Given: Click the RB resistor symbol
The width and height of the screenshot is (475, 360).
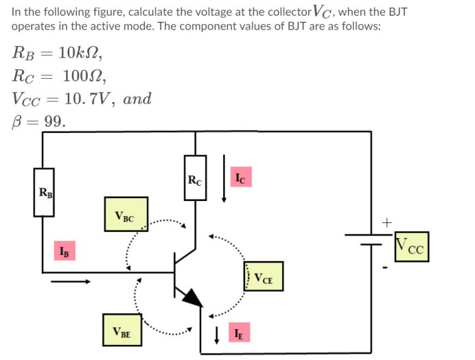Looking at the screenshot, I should pos(45,193).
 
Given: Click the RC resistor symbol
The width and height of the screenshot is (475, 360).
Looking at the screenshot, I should pos(195,177).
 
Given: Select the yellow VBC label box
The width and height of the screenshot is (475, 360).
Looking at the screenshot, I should pos(126,214).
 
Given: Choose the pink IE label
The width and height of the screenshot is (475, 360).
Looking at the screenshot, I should pos(237,334).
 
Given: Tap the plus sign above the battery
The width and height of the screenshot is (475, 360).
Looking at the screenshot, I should pos(386,221).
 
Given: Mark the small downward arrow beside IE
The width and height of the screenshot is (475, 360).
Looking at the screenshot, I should pos(217,335).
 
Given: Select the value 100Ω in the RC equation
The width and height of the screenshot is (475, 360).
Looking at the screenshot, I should pos(78,75).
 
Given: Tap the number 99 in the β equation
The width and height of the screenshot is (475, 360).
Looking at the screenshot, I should pos(54,121).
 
